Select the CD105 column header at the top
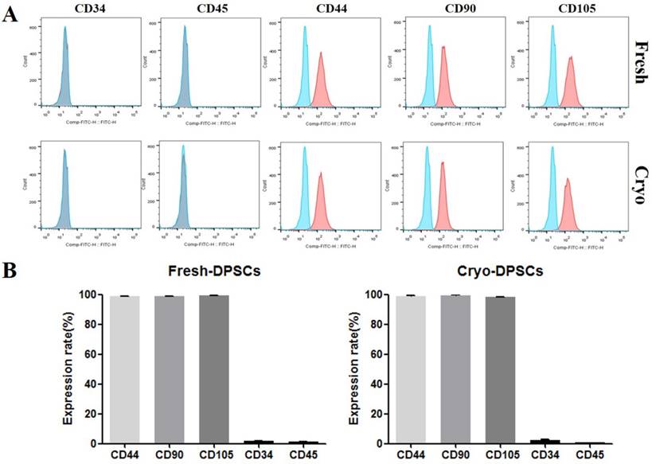click(561, 10)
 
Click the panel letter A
click(10, 16)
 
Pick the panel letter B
click(10, 271)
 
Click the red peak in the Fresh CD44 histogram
click(321, 80)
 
